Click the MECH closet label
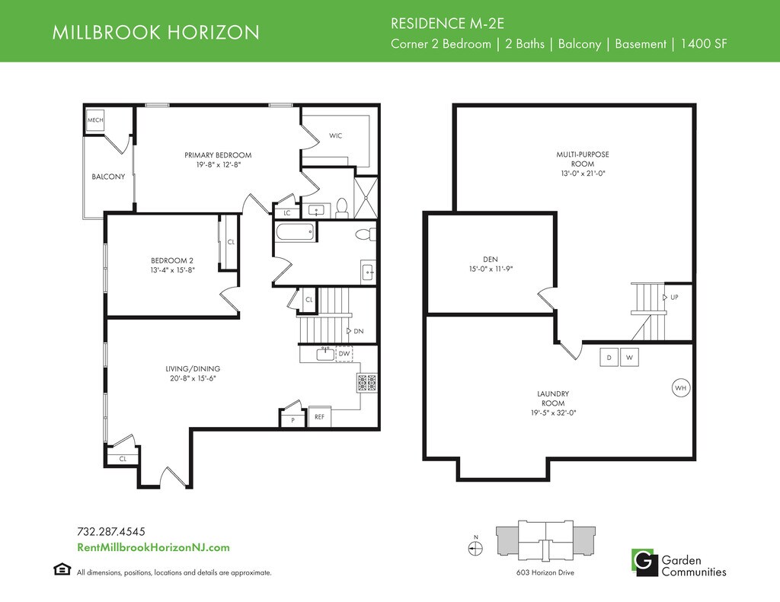pyautogui.click(x=95, y=119)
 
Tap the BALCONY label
pyautogui.click(x=108, y=177)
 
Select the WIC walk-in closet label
pyautogui.click(x=335, y=135)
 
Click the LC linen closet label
pyautogui.click(x=287, y=213)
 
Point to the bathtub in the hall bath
pyautogui.click(x=295, y=232)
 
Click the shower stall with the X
pyautogui.click(x=366, y=198)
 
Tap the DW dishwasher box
pyautogui.click(x=344, y=354)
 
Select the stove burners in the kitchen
pyautogui.click(x=366, y=382)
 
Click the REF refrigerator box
pyautogui.click(x=319, y=417)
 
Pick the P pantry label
pyautogui.click(x=293, y=420)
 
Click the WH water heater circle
pyautogui.click(x=681, y=387)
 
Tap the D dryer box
pyautogui.click(x=609, y=358)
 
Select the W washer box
pyautogui.click(x=629, y=358)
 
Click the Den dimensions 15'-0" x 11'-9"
pyautogui.click(x=491, y=269)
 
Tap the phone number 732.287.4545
pyautogui.click(x=111, y=532)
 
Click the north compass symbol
pyautogui.click(x=475, y=548)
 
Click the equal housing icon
pyautogui.click(x=62, y=569)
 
